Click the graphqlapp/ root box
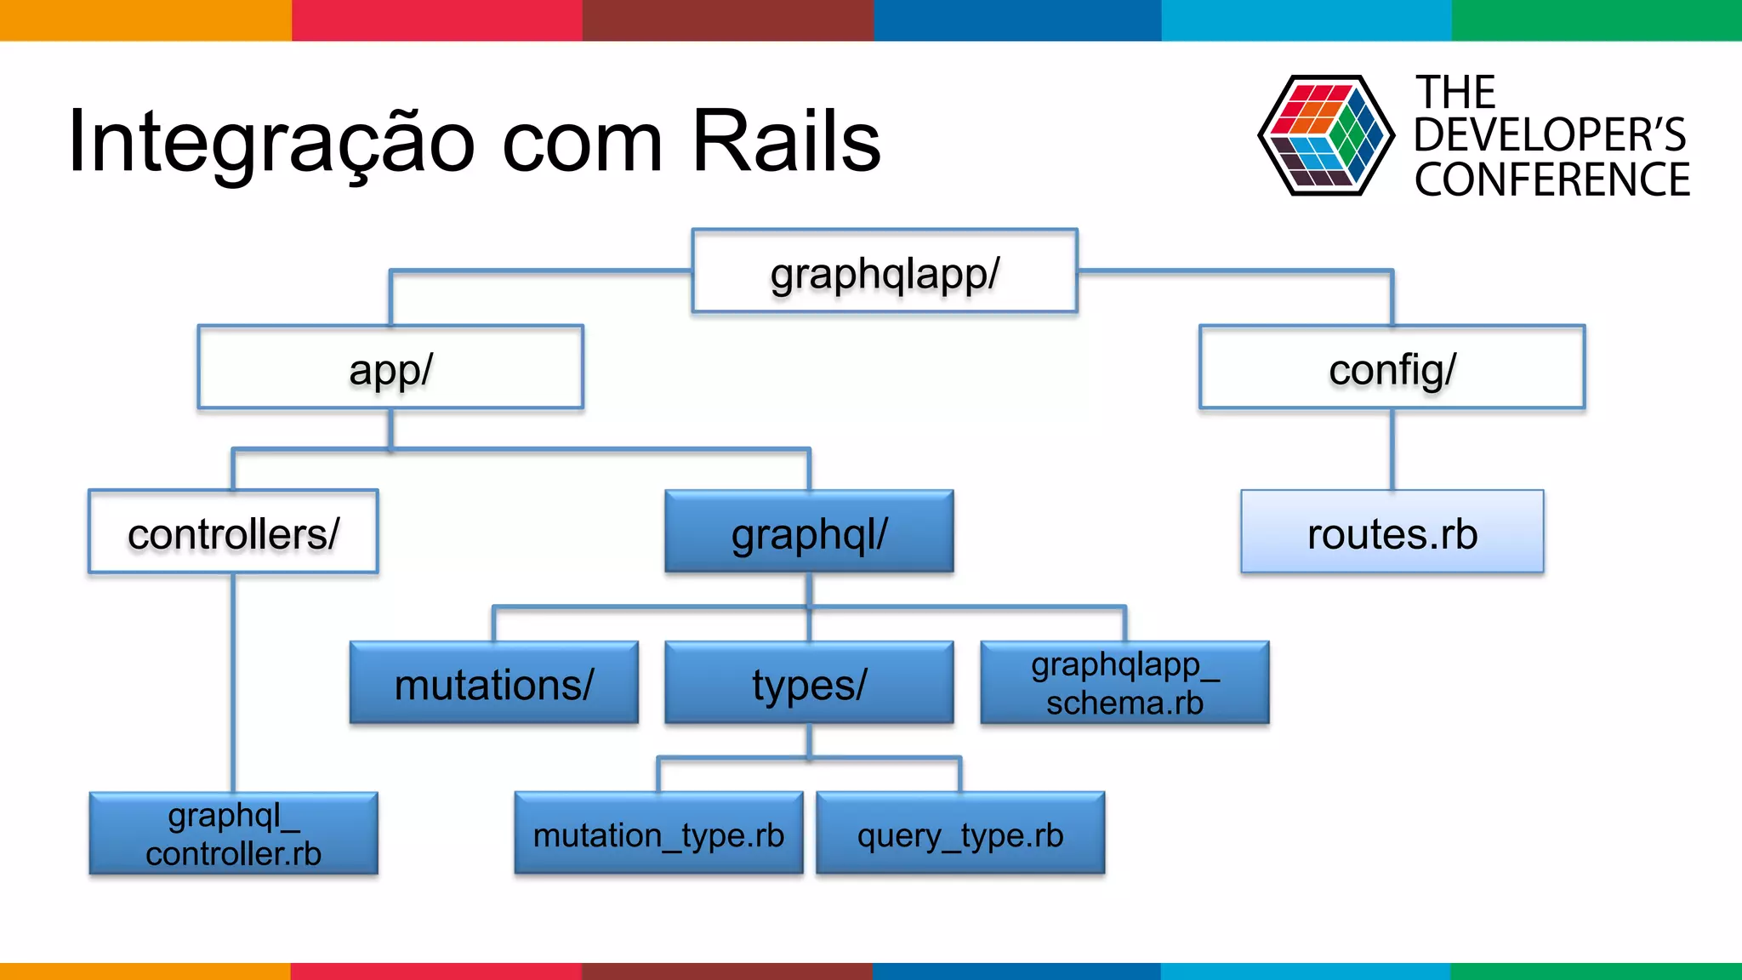click(885, 271)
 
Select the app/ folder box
click(390, 367)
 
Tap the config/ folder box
click(1392, 367)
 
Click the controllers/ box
click(233, 533)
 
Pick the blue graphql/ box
click(809, 533)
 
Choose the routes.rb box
click(1392, 533)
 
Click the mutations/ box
click(493, 683)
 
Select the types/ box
click(809, 683)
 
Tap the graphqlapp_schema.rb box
click(1124, 683)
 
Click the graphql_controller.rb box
click(233, 834)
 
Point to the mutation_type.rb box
click(658, 834)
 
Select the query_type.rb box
click(960, 834)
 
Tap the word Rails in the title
click(786, 140)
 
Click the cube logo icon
click(1325, 134)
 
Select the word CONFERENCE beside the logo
click(1551, 179)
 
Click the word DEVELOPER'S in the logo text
click(1550, 134)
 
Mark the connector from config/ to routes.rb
click(1392, 449)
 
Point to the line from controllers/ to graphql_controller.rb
click(233, 681)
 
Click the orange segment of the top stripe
click(145, 20)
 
